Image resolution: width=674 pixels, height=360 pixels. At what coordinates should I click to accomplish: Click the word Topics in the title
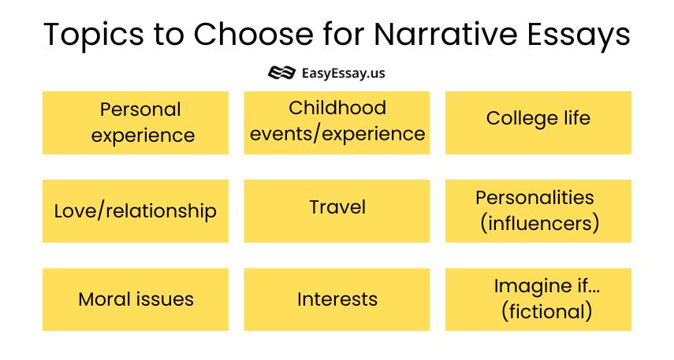(x=94, y=35)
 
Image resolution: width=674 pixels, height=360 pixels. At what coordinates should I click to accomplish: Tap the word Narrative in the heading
(x=445, y=34)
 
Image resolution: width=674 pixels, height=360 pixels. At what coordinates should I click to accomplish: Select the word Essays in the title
(x=579, y=35)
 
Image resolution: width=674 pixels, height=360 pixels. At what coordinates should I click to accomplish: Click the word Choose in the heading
(x=254, y=34)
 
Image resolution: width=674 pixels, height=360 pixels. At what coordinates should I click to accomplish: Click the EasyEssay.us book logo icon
(x=281, y=72)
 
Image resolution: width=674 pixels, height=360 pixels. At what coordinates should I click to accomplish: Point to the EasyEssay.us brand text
(x=343, y=73)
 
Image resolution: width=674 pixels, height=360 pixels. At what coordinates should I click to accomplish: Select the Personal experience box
(x=136, y=123)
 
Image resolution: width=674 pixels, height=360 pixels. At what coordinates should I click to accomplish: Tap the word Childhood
(x=337, y=108)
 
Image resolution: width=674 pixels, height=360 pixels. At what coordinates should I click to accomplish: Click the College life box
(x=538, y=123)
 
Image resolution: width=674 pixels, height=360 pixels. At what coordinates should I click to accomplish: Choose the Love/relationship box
(x=136, y=211)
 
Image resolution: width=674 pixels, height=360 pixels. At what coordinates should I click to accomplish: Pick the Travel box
(x=337, y=211)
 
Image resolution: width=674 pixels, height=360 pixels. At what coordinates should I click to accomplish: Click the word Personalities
(x=534, y=198)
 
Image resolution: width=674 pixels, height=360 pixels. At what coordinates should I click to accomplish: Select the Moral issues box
(x=136, y=299)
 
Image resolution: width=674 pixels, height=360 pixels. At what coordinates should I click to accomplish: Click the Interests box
(x=337, y=299)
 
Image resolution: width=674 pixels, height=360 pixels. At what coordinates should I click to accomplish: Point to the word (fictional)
(x=546, y=311)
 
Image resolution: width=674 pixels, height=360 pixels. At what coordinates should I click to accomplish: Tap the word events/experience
(x=337, y=134)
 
